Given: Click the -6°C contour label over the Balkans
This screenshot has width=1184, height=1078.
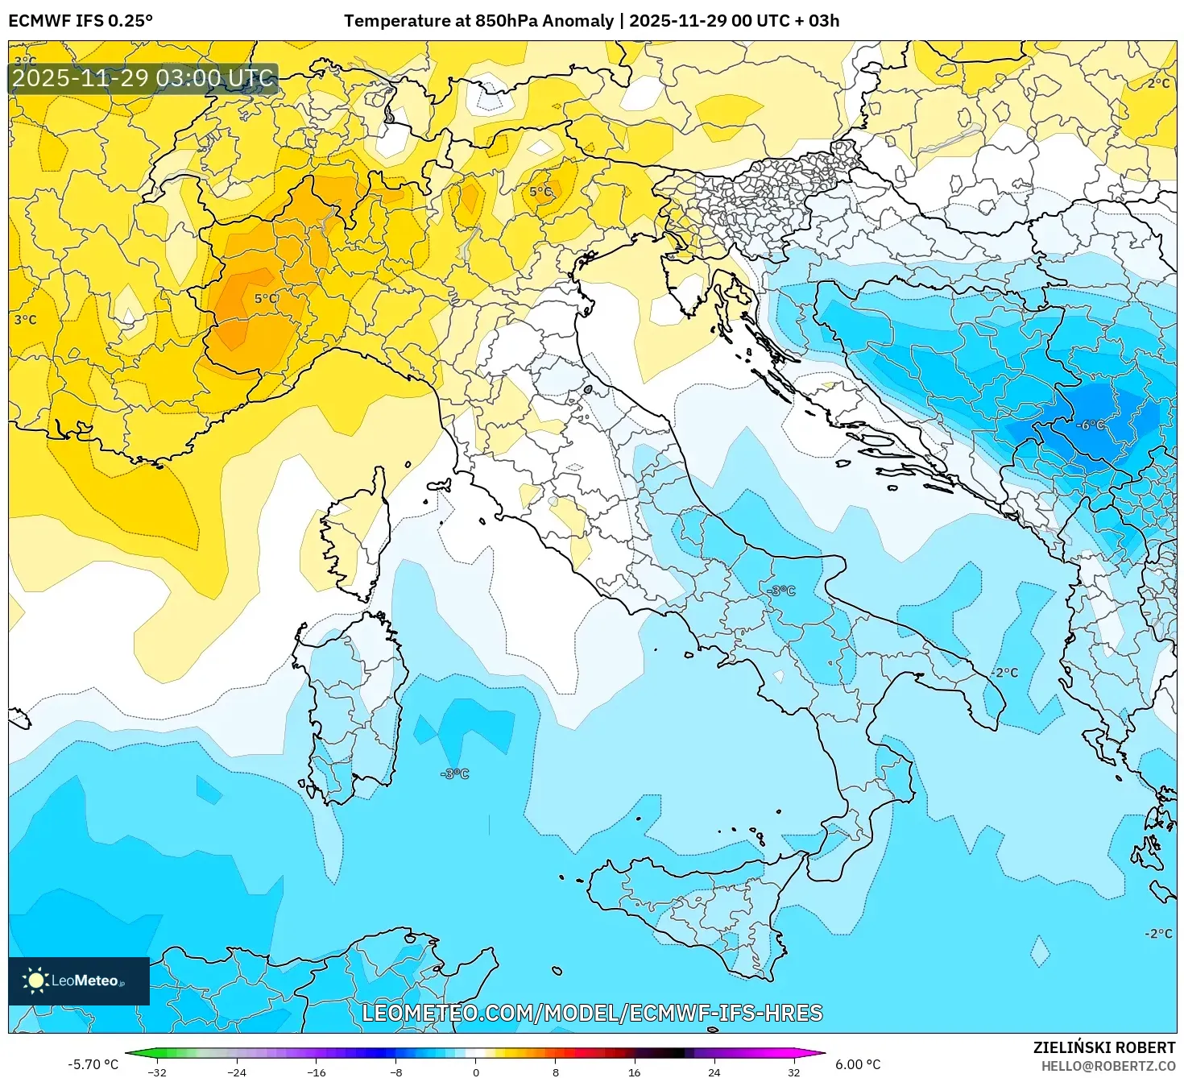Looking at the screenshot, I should (1091, 425).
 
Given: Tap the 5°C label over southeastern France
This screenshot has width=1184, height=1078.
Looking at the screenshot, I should (267, 299).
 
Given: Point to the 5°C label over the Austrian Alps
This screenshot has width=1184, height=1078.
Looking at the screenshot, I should (540, 192).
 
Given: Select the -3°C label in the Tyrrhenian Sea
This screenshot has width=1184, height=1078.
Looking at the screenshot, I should (454, 773).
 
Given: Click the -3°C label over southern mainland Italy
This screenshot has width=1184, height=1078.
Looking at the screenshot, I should (780, 591).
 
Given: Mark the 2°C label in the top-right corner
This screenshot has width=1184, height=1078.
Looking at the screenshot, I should (1158, 84).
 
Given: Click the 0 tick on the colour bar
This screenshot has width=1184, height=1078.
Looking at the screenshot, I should (475, 1072).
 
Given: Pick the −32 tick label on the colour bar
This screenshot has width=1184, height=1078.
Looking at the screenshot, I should (157, 1072).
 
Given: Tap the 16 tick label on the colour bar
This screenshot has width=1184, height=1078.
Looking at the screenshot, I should (635, 1072).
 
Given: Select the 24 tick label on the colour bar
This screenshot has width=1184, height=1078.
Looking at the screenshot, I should (714, 1072).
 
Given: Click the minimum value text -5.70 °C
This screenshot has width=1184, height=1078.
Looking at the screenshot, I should (93, 1064).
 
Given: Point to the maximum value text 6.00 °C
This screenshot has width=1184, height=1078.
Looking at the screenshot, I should (857, 1064).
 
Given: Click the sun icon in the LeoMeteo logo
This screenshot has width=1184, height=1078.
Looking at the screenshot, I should (35, 980).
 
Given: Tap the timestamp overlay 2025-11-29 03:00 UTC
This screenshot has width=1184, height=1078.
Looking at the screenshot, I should (143, 78).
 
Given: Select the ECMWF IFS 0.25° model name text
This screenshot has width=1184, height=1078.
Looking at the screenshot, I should (81, 21).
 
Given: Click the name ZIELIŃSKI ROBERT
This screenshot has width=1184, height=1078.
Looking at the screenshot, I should (1104, 1047).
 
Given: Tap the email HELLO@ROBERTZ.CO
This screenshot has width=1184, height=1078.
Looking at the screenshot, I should (1107, 1066).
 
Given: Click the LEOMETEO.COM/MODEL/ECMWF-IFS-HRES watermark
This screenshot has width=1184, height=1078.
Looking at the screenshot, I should (592, 1013).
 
